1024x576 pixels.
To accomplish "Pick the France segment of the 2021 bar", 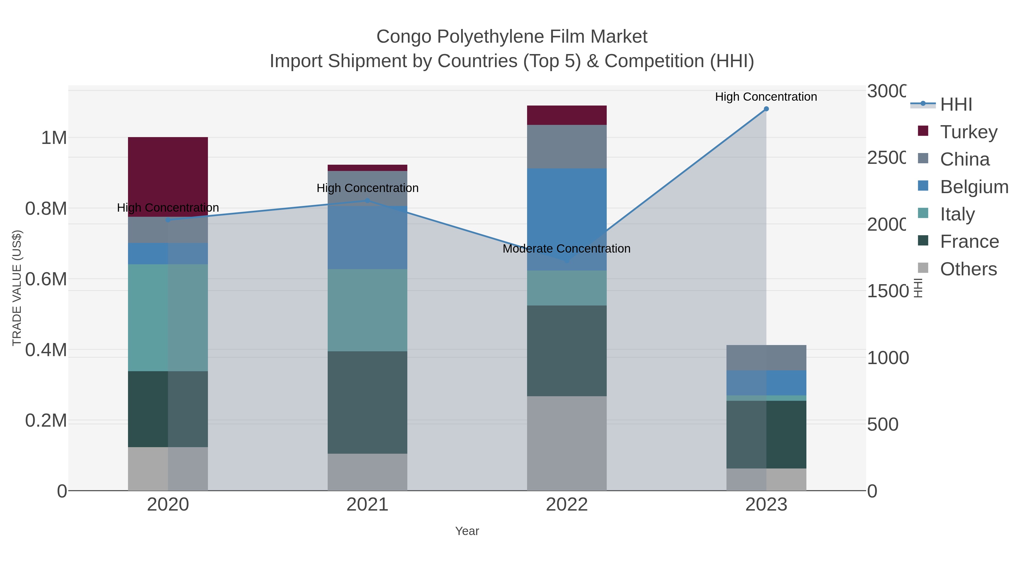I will coord(367,402).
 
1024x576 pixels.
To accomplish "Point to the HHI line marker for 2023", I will coord(766,109).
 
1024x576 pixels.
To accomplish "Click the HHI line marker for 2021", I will coord(367,201).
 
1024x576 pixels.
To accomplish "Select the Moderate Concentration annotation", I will coord(566,249).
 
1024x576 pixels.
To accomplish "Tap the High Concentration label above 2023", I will coord(766,97).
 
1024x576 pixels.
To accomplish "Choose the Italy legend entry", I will coord(957,214).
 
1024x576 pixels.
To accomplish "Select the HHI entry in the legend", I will coord(956,105).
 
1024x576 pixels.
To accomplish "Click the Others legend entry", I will coord(968,269).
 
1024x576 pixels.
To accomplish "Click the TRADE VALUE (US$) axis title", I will coord(17,288).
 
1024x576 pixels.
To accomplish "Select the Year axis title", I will coord(467,531).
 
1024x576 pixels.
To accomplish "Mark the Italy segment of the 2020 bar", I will coord(168,318).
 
